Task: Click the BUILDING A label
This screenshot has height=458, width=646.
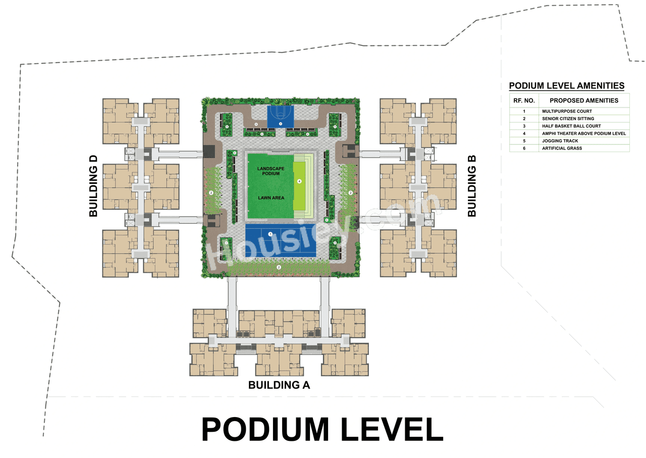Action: pos(279,385)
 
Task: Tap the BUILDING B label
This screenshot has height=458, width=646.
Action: pos(472,186)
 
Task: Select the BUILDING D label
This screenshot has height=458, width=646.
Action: pos(93,186)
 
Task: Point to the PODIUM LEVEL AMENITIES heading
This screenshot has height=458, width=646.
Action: pos(566,86)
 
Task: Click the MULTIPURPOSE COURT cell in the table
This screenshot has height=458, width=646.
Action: pos(567,111)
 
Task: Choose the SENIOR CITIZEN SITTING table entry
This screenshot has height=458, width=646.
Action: pos(568,119)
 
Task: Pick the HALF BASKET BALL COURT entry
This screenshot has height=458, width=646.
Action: pos(571,126)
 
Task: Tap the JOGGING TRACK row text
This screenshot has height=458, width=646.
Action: pos(562,141)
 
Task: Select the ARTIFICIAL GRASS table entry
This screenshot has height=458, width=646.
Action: pos(562,148)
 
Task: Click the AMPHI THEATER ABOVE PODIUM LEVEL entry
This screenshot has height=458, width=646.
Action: pos(584,133)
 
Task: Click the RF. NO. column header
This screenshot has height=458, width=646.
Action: pos(524,100)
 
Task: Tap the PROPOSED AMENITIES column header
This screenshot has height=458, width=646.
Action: pos(584,100)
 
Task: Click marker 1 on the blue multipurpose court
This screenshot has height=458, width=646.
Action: pos(271,234)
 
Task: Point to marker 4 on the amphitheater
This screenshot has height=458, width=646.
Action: pos(299,181)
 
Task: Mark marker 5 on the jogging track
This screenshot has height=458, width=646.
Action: pos(256,124)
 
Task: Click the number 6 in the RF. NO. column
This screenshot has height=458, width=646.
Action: pos(524,148)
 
